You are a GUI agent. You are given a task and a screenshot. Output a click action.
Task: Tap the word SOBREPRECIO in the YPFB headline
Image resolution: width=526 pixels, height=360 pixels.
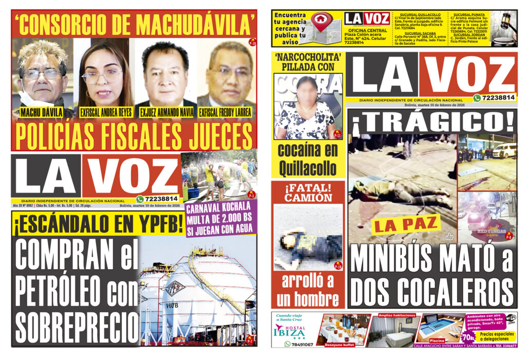76,327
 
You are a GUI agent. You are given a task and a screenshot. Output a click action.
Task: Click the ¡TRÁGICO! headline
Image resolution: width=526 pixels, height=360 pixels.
433,122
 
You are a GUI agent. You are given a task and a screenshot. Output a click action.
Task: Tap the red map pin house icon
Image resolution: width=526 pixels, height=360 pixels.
322,22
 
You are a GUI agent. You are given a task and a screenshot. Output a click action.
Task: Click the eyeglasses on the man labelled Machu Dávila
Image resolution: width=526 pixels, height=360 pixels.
42,74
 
